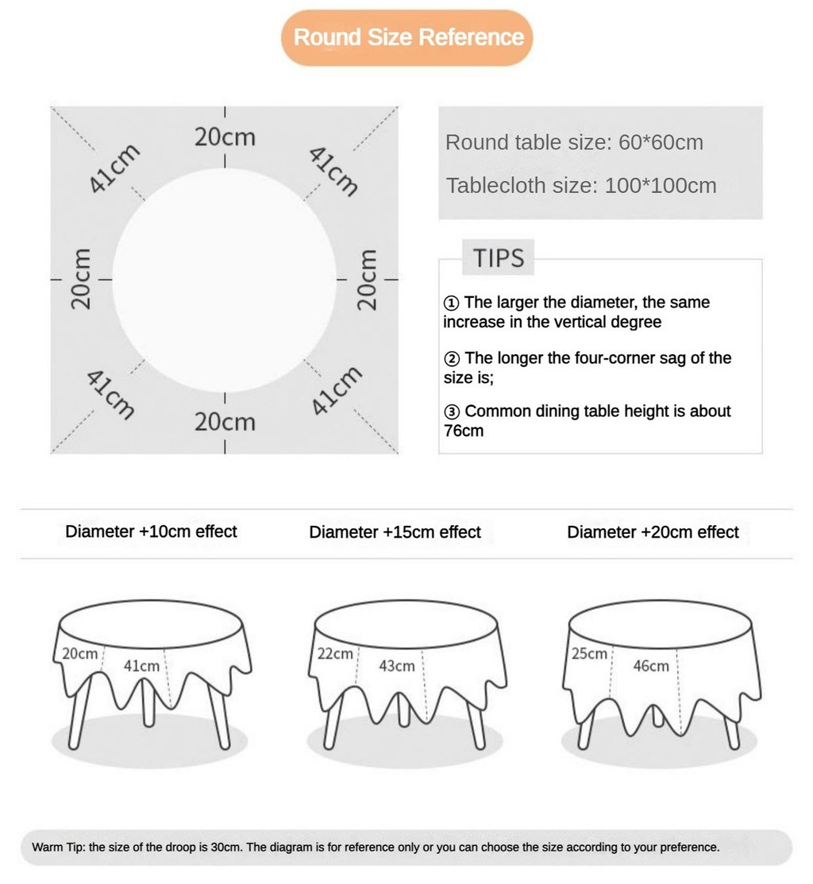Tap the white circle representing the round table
(x=225, y=279)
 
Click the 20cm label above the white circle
(x=225, y=137)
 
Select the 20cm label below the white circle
(x=225, y=421)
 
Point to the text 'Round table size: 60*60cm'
(x=574, y=143)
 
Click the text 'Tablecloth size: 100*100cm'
(x=580, y=186)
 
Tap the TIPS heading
(x=499, y=258)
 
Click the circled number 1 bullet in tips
(x=451, y=303)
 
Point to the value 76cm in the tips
(x=463, y=431)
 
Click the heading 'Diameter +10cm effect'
(x=151, y=531)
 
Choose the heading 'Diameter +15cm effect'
(x=395, y=532)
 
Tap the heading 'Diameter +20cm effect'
(x=653, y=532)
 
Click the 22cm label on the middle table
(x=335, y=654)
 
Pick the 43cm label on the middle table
(x=396, y=666)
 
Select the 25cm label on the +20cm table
(x=589, y=654)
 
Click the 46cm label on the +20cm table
(x=650, y=666)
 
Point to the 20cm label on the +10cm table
(x=79, y=654)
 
